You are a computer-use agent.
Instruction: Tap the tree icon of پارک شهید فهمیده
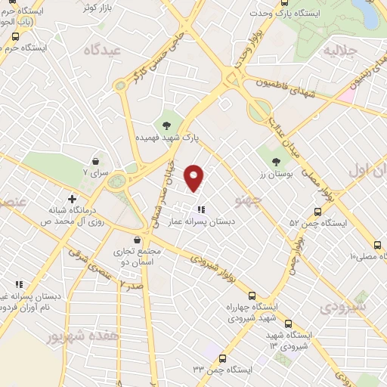coord(166,125)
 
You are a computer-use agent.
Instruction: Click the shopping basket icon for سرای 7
coord(96,161)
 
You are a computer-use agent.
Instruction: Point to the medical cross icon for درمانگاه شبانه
coord(72,200)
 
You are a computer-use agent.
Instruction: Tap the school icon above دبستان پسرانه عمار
coord(200,209)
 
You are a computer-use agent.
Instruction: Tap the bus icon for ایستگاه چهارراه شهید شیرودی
coord(252,296)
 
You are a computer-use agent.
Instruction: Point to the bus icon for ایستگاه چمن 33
coord(222,358)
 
